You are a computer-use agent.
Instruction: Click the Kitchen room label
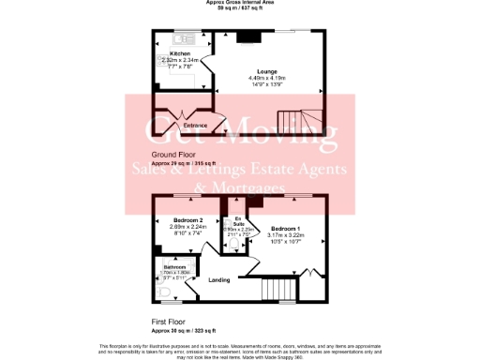click(180, 53)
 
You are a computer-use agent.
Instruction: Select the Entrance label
click(195, 125)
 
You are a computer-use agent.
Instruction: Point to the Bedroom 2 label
click(187, 219)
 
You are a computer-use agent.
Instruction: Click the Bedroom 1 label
click(285, 229)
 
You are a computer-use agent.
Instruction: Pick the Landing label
click(219, 279)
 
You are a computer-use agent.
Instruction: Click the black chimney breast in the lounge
click(248, 37)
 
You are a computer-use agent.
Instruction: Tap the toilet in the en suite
click(234, 245)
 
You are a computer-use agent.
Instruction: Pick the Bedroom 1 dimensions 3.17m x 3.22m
click(285, 236)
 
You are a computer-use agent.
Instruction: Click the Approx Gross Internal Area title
click(240, 3)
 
